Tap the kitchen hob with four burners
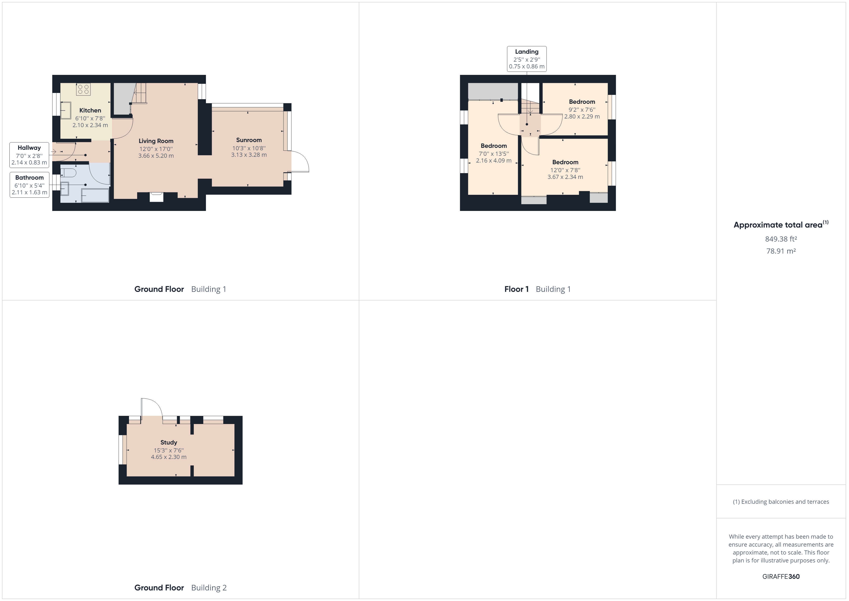point(83,89)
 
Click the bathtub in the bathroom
point(95,196)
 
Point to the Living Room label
point(156,141)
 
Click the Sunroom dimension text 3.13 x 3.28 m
point(249,155)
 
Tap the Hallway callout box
point(29,155)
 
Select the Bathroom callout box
point(29,185)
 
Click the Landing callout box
point(527,59)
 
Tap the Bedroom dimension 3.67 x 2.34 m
point(565,177)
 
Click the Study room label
point(169,442)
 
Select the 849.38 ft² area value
point(781,239)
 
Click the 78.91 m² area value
point(781,251)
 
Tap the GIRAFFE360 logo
point(781,576)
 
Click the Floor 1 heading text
point(516,289)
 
